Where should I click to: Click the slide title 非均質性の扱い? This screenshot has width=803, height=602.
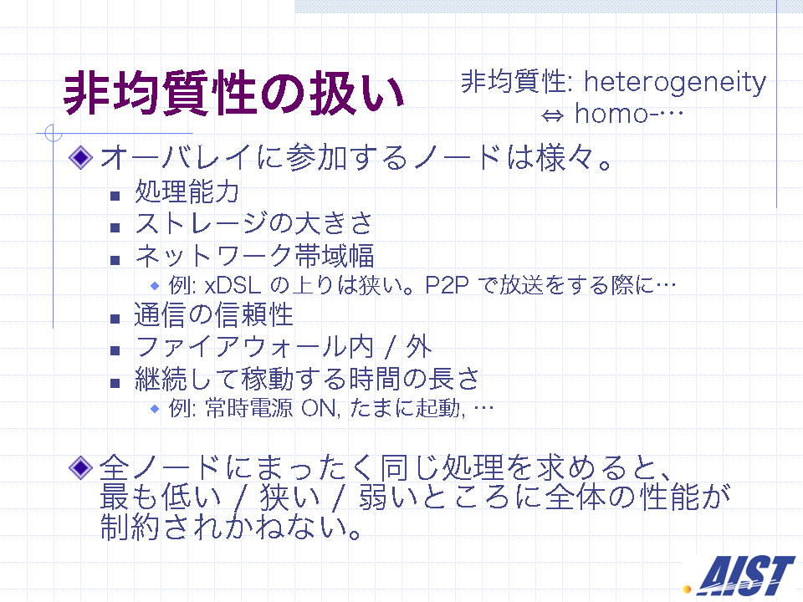click(x=234, y=93)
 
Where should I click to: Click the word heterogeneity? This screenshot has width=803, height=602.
click(x=675, y=83)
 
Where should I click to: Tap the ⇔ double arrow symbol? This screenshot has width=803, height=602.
click(x=552, y=115)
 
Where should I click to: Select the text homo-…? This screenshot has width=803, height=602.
click(x=629, y=113)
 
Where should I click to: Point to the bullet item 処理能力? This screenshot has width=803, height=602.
click(x=187, y=191)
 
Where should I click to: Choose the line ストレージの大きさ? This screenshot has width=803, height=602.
click(x=253, y=223)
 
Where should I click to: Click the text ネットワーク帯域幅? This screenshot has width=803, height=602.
click(x=254, y=255)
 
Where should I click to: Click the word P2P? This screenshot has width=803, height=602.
click(x=447, y=285)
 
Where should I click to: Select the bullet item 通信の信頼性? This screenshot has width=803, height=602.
click(x=213, y=314)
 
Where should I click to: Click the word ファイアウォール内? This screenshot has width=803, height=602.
click(x=254, y=346)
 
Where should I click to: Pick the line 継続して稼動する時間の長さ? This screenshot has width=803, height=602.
click(x=307, y=379)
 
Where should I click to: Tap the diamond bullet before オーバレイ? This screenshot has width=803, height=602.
click(x=80, y=157)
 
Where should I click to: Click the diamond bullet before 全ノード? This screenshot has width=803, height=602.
click(x=80, y=467)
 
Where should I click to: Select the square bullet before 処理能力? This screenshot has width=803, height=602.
click(x=115, y=196)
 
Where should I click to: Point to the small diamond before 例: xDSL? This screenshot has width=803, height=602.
click(x=155, y=286)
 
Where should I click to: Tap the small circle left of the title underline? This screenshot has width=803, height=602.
click(x=54, y=133)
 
